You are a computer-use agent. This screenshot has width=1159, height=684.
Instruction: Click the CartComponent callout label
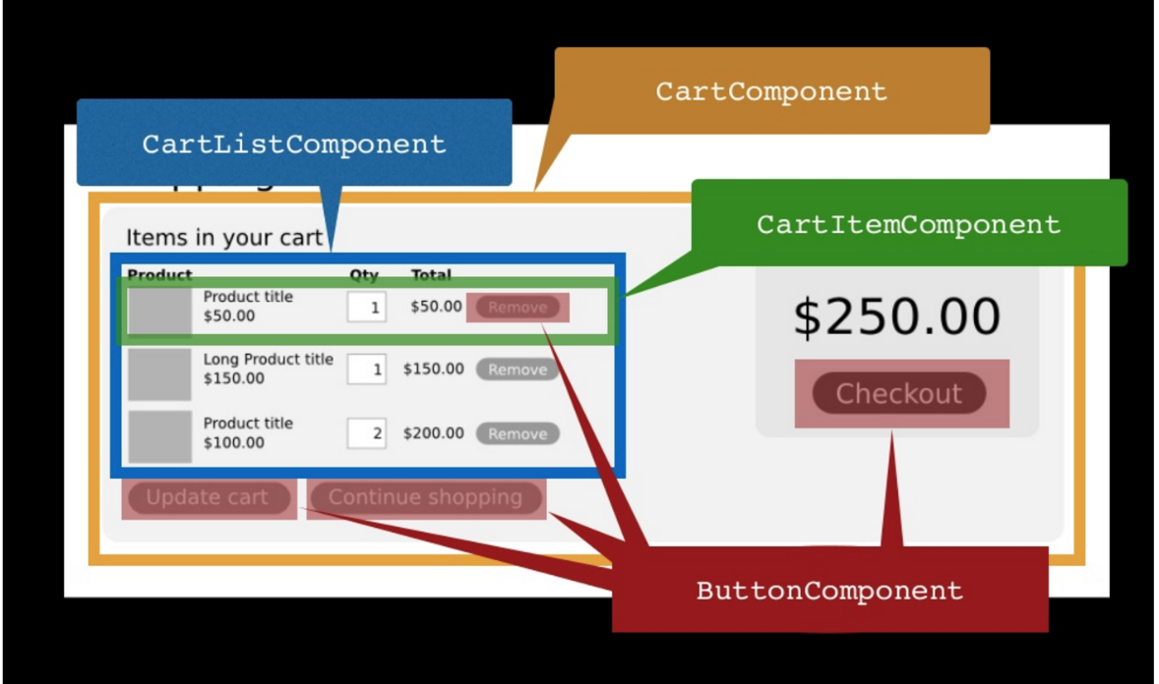click(771, 91)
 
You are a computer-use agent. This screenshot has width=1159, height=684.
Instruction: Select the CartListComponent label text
click(293, 143)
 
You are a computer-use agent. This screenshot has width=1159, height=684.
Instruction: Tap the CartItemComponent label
click(908, 224)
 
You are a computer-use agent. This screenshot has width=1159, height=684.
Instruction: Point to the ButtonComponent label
click(829, 591)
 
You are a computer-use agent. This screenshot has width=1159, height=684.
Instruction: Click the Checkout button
click(899, 393)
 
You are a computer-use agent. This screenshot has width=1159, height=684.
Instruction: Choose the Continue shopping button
click(425, 497)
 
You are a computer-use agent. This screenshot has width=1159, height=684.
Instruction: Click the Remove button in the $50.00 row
click(518, 308)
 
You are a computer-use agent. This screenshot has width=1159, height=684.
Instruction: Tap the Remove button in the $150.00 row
click(518, 370)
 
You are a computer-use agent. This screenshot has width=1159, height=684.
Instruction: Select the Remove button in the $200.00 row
click(518, 433)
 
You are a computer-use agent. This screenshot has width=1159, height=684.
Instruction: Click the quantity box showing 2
click(366, 433)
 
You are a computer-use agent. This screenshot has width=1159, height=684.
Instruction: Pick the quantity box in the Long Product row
click(366, 370)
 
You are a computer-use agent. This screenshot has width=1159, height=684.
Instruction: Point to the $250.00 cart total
click(896, 316)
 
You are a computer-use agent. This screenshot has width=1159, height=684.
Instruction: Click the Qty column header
click(364, 275)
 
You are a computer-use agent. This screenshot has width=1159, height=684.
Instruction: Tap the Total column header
click(431, 275)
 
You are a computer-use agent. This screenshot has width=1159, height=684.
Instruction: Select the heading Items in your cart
click(223, 238)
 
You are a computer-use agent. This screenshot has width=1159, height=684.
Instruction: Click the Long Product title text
click(268, 360)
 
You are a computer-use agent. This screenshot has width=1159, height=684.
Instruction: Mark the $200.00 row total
click(433, 433)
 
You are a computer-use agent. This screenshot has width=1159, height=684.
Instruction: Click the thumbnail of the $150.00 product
click(159, 373)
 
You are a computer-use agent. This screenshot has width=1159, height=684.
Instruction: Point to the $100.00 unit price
click(233, 442)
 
